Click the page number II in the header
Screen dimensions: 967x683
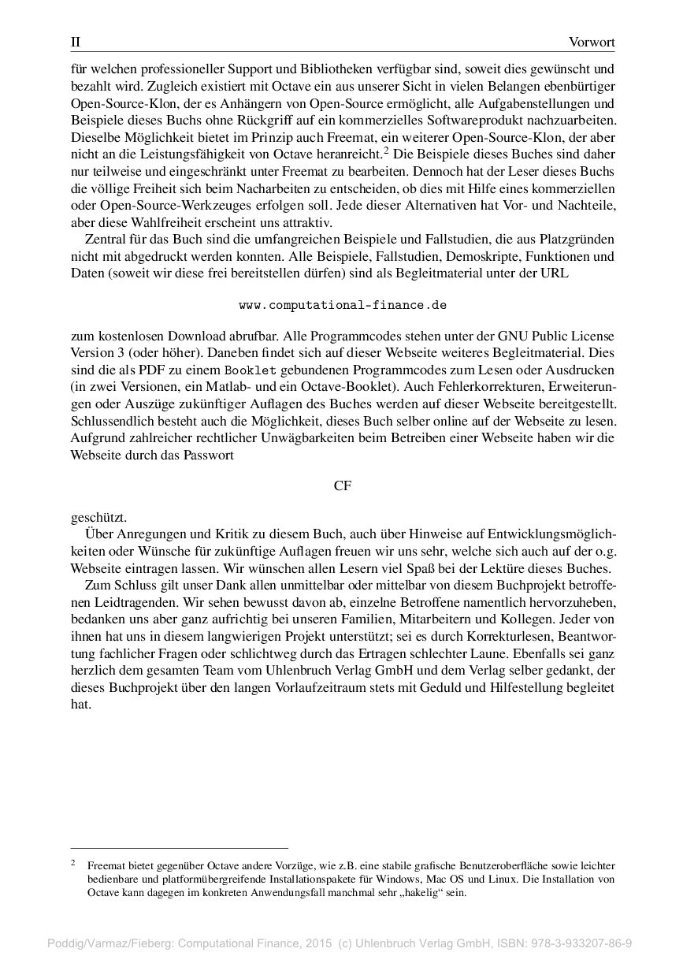pyautogui.click(x=76, y=42)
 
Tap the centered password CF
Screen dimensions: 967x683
pyautogui.click(x=343, y=486)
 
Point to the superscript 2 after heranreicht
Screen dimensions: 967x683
pyautogui.click(x=386, y=150)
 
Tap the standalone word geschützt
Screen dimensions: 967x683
pyautogui.click(x=98, y=518)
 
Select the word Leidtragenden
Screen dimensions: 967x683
pyautogui.click(x=109, y=601)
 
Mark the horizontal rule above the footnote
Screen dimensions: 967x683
pyautogui.click(x=180, y=848)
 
